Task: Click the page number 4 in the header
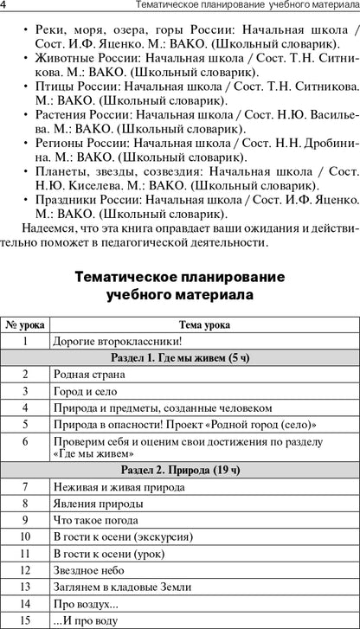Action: click(x=4, y=9)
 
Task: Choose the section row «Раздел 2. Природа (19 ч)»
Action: click(x=180, y=471)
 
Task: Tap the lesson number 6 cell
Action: click(x=25, y=446)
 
